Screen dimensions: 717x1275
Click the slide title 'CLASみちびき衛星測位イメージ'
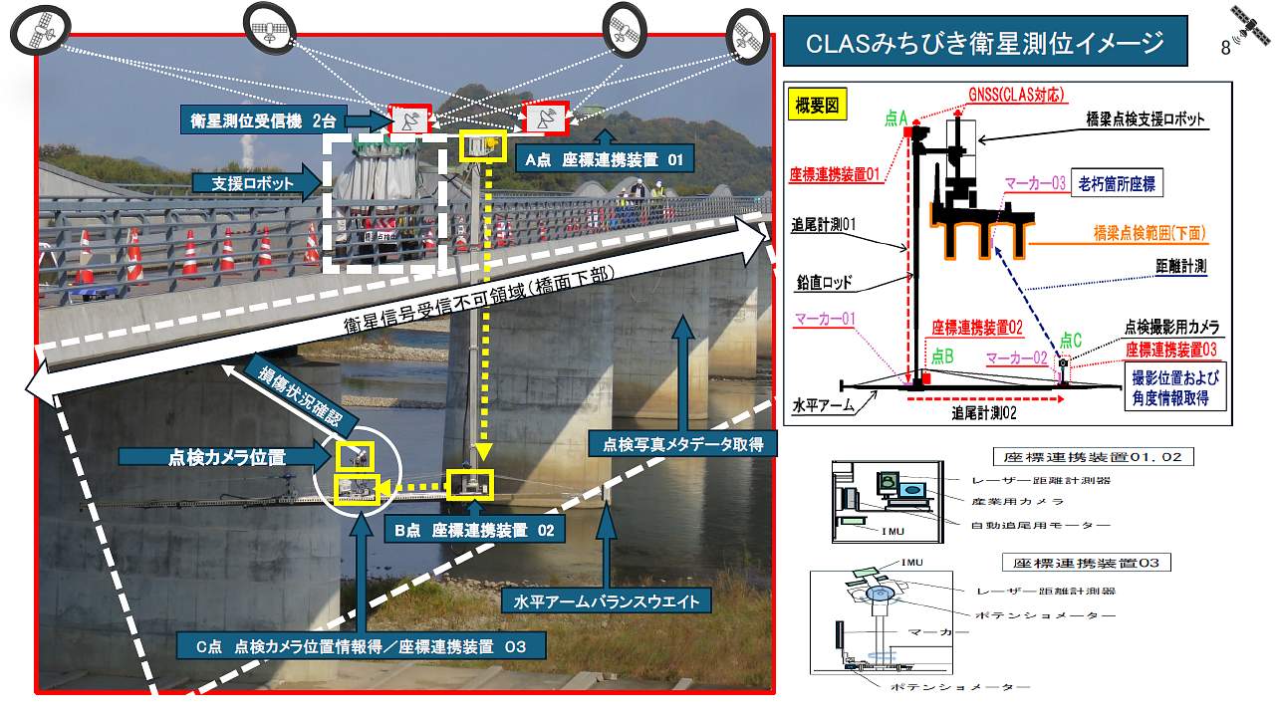click(x=985, y=43)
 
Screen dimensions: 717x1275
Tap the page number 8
click(x=1225, y=47)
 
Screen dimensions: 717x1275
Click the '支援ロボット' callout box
click(x=253, y=184)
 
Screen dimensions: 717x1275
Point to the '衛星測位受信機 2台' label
click(x=264, y=120)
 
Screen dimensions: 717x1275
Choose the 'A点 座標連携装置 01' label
click(x=605, y=159)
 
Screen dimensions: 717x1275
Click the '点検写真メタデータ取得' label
click(x=682, y=444)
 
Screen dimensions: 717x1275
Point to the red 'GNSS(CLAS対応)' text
click(x=1016, y=95)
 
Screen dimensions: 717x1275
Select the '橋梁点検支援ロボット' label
click(x=1145, y=119)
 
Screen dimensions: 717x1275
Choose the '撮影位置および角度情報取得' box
click(x=1175, y=387)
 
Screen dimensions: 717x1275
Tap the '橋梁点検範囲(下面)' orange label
click(x=1149, y=233)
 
